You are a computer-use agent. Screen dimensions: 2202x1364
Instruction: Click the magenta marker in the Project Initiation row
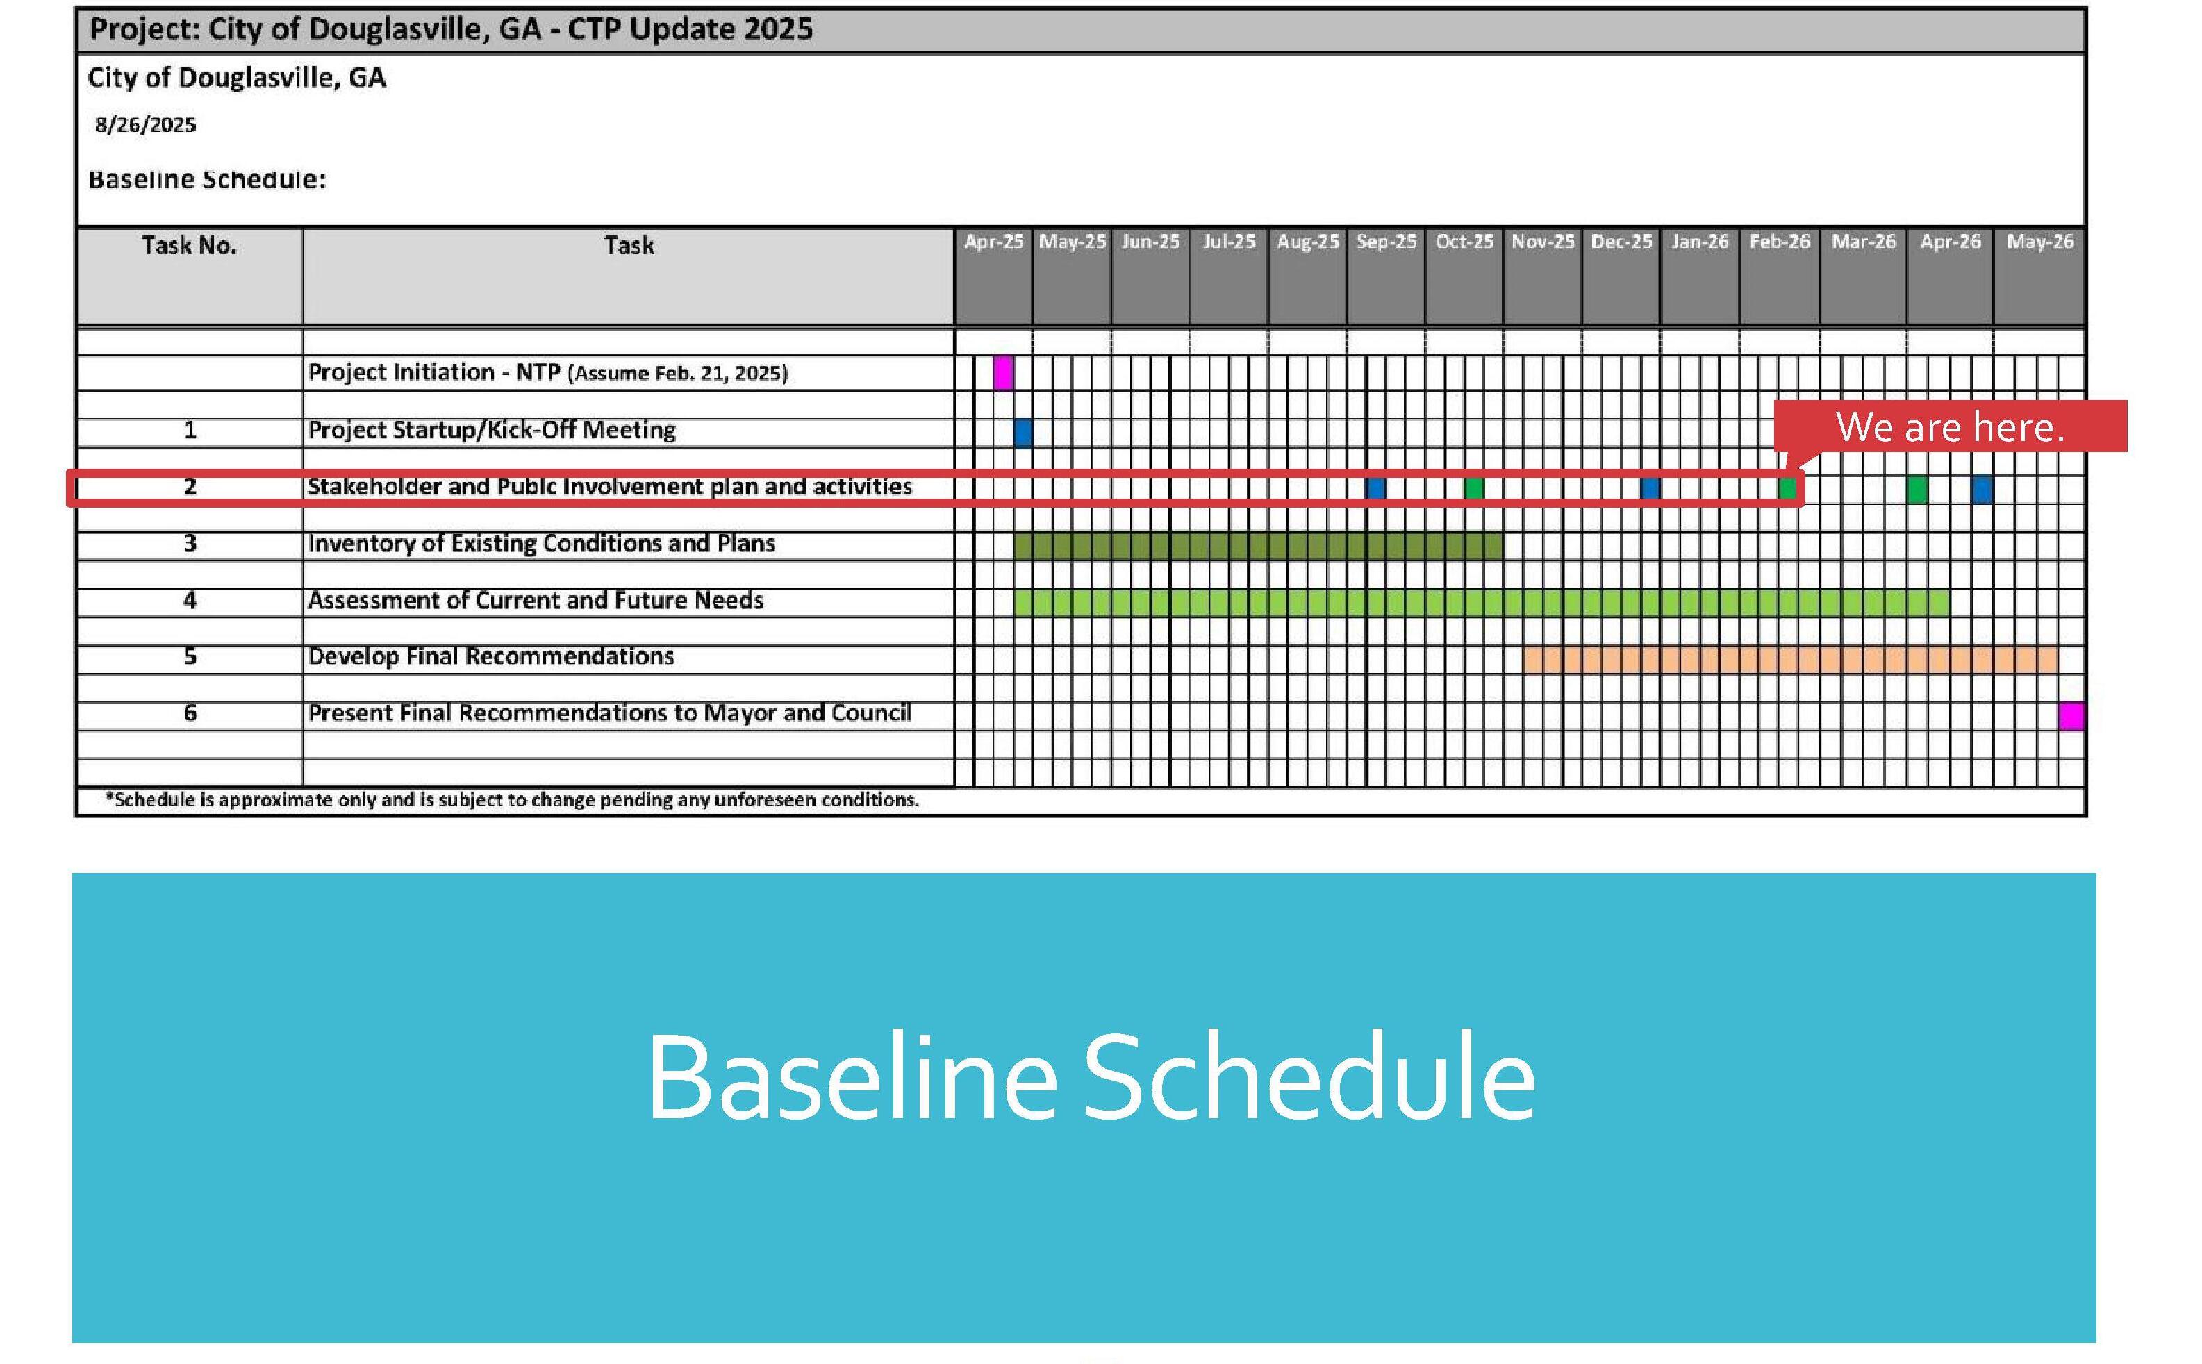pyautogui.click(x=1002, y=372)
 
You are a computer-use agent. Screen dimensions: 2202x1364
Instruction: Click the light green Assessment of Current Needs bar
pyautogui.click(x=1480, y=603)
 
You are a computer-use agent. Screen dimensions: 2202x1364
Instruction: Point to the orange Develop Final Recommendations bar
pyautogui.click(x=1791, y=660)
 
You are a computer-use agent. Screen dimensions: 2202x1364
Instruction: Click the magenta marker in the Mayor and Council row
pyautogui.click(x=2071, y=716)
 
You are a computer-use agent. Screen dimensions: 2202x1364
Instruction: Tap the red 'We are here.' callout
pyautogui.click(x=1951, y=426)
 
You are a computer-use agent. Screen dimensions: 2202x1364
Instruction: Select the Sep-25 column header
pyautogui.click(x=1386, y=242)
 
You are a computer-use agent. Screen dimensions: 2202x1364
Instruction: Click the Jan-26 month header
pyautogui.click(x=1700, y=242)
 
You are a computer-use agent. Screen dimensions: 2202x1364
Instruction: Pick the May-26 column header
pyautogui.click(x=2039, y=242)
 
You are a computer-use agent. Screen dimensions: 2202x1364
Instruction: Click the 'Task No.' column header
pyautogui.click(x=190, y=245)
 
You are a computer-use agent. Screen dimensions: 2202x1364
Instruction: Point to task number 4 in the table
pyautogui.click(x=190, y=601)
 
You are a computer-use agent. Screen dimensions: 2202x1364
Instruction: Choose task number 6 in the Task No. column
pyautogui.click(x=190, y=713)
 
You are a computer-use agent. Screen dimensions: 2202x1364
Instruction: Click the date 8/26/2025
pyautogui.click(x=145, y=124)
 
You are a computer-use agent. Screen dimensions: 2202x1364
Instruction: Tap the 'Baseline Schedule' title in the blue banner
pyautogui.click(x=1091, y=1077)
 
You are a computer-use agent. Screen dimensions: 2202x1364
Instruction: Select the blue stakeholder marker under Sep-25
pyautogui.click(x=1375, y=488)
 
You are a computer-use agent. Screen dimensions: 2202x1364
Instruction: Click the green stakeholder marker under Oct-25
pyautogui.click(x=1473, y=488)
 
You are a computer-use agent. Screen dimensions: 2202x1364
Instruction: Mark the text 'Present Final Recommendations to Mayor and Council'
pyautogui.click(x=610, y=713)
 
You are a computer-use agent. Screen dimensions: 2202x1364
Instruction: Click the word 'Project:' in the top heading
pyautogui.click(x=144, y=30)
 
